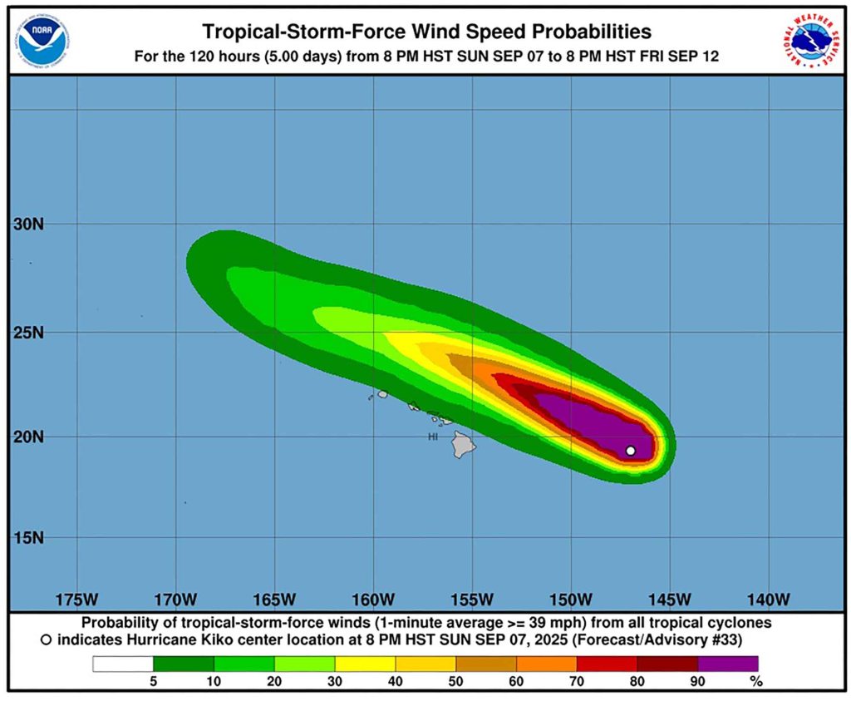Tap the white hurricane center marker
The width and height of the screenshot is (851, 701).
pos(630,451)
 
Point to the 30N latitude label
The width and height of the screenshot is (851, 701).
pos(27,224)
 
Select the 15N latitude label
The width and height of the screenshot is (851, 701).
pos(27,538)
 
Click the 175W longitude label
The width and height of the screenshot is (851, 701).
pos(76,600)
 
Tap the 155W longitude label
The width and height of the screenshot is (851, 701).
pos(472,600)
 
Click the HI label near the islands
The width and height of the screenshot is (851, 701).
pos(433,437)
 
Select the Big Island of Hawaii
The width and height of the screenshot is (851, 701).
pos(463,444)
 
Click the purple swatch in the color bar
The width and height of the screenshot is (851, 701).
pos(727,664)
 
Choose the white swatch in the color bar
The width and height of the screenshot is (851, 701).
pos(123,664)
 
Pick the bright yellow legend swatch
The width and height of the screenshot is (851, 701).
pos(365,664)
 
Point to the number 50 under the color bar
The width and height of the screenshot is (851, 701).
pos(455,680)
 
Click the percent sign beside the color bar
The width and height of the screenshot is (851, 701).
pos(755,680)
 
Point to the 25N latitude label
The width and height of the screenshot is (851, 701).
pos(27,333)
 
